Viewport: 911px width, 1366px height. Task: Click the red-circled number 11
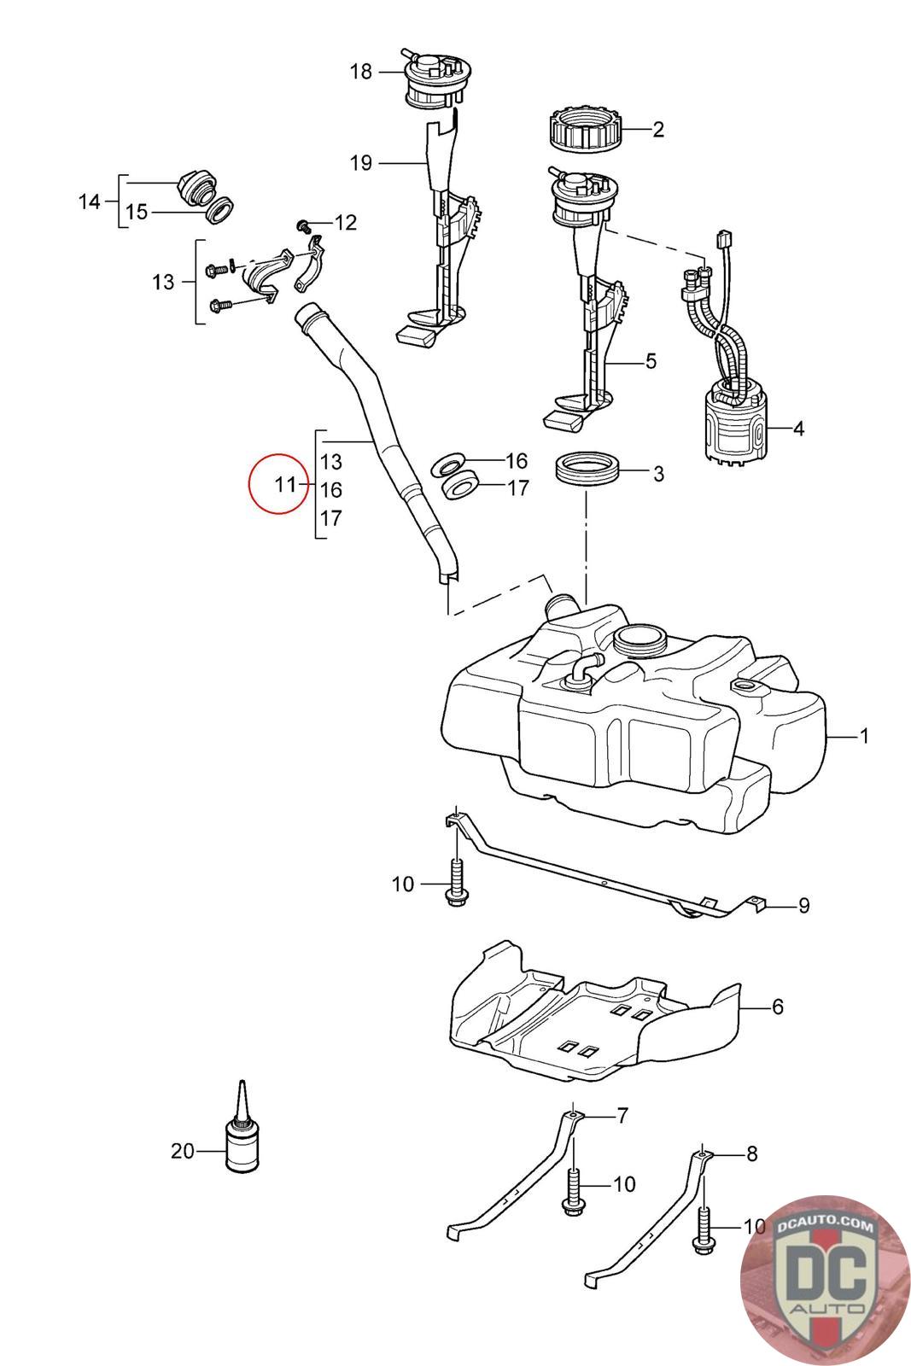point(285,485)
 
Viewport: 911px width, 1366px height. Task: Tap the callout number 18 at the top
point(360,72)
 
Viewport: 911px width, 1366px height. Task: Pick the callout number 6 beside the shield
point(778,1007)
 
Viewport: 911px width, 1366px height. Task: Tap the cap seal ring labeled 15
point(219,208)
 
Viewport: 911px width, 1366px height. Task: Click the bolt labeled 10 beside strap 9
point(456,883)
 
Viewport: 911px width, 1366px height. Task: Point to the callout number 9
point(803,906)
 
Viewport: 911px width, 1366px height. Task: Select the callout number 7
point(622,1116)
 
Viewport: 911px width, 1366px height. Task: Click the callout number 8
point(751,1153)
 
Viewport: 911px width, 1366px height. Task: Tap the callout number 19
point(360,163)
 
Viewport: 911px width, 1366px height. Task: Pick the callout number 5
point(651,361)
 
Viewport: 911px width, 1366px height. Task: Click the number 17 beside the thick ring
point(518,487)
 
